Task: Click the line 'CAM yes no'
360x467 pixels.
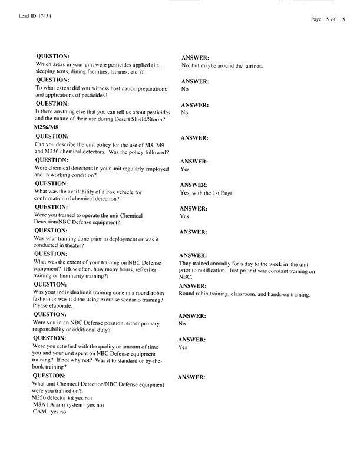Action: click(x=50, y=413)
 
